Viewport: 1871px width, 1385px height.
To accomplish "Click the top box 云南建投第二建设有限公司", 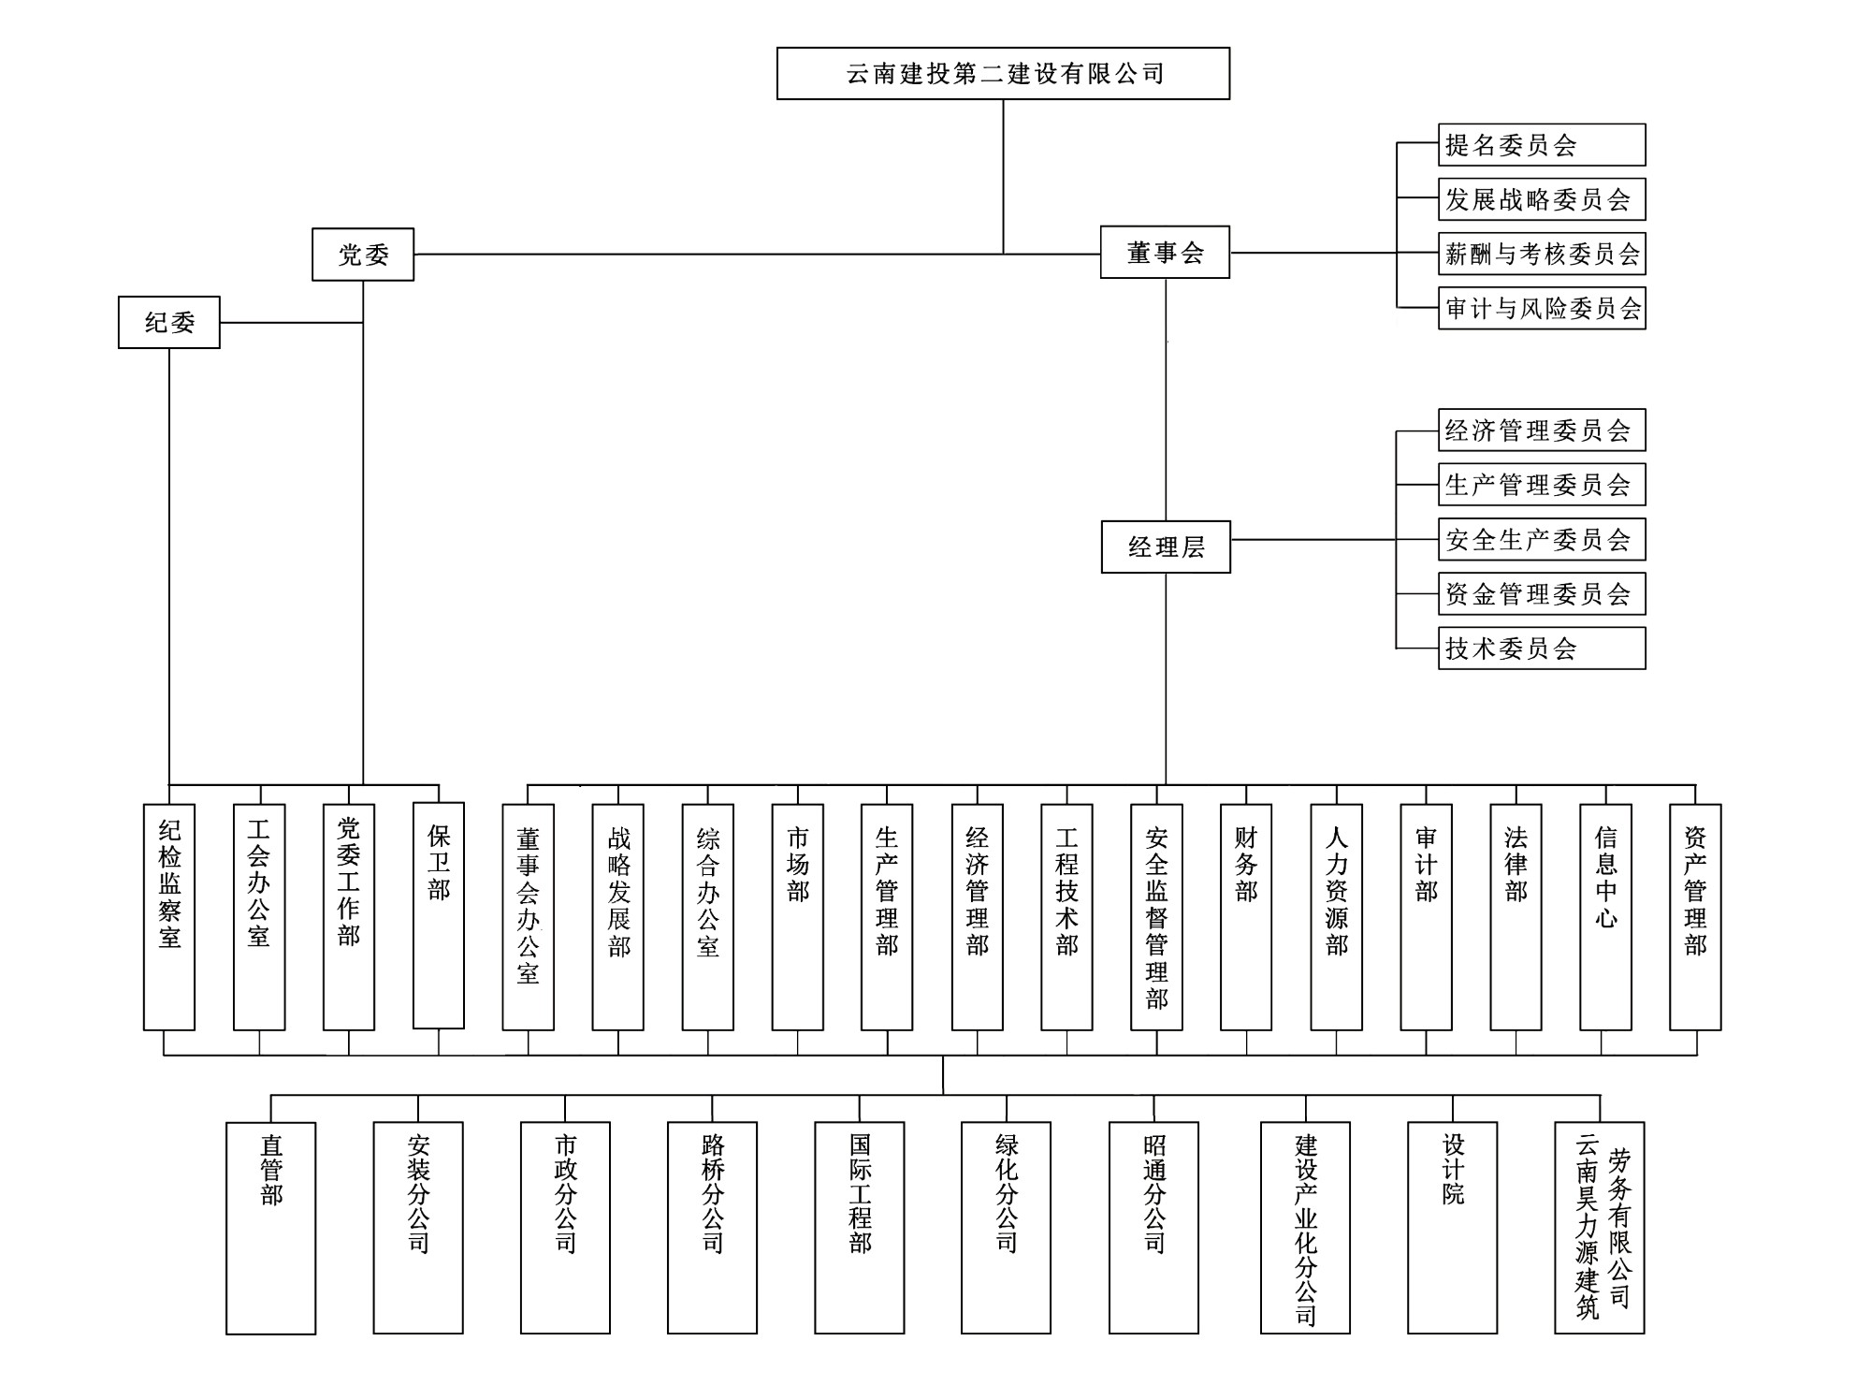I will tap(1003, 73).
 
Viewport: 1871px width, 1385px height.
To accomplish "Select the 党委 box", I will tap(363, 254).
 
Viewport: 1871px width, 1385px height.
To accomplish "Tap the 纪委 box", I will tap(169, 323).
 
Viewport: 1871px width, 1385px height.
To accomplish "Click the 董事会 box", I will tap(1165, 253).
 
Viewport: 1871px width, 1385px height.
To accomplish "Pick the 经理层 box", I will tap(1166, 547).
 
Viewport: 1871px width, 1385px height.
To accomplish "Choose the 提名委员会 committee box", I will tap(1542, 145).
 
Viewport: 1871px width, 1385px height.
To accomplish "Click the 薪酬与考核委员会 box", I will tap(1542, 254).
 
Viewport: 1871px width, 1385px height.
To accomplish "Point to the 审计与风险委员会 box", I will tap(1542, 308).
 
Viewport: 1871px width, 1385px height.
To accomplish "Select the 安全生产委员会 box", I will tap(1542, 539).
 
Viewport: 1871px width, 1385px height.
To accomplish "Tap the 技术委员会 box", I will tap(1542, 649).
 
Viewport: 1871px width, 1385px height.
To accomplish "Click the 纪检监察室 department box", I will tap(169, 916).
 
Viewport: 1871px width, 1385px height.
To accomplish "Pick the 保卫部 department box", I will tap(439, 915).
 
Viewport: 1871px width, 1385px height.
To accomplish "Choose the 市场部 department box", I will tap(798, 916).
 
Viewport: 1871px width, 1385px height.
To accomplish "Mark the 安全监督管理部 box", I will tap(1156, 916).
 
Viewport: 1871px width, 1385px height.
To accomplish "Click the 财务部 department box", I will tap(1246, 916).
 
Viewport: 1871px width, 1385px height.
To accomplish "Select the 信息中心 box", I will tap(1605, 916).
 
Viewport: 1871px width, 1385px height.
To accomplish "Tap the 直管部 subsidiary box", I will tap(271, 1228).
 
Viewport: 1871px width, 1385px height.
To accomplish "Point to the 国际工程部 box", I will tap(860, 1228).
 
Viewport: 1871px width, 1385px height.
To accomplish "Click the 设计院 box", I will tap(1453, 1228).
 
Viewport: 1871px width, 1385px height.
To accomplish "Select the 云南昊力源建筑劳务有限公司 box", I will tap(1600, 1228).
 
